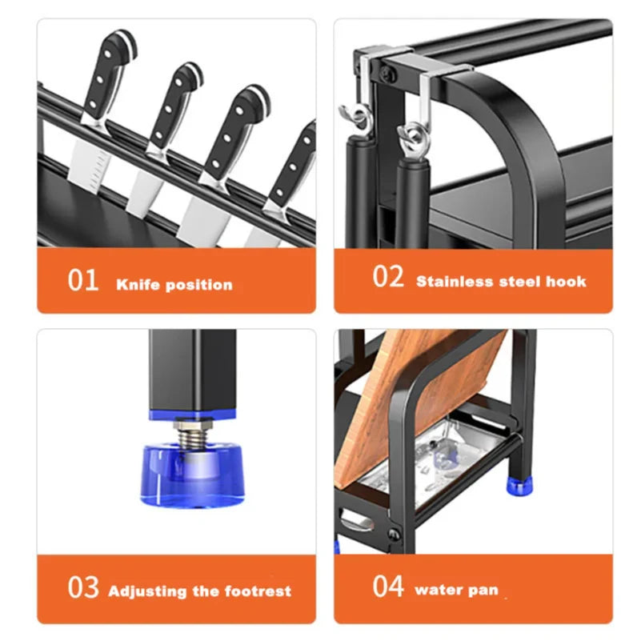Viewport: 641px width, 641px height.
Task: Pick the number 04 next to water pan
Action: tap(388, 586)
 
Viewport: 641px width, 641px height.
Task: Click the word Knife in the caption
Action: tap(137, 284)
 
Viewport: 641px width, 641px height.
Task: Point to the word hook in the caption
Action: tap(567, 282)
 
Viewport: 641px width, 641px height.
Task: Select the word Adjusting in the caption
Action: tap(147, 592)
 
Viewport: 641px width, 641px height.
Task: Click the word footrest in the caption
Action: tap(259, 592)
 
